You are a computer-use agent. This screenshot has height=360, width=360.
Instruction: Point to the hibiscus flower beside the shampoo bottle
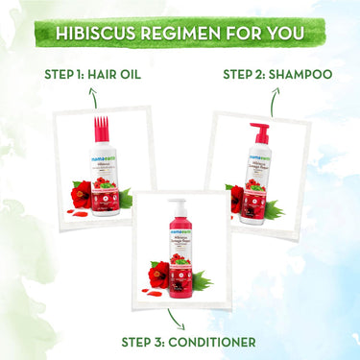(236, 197)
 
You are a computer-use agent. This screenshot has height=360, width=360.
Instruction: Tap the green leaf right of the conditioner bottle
(201, 279)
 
